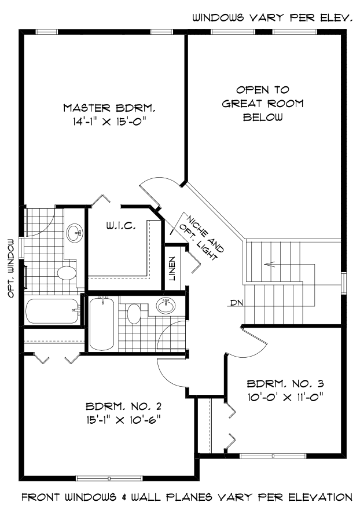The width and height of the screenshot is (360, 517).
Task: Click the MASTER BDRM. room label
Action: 109,108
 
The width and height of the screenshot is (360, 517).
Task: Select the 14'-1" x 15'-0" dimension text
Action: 109,121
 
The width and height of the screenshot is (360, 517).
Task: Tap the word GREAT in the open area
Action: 263,104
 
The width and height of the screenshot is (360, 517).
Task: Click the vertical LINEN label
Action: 172,268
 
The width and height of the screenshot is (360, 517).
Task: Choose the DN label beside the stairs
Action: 235,303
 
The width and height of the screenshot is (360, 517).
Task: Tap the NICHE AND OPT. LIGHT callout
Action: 200,237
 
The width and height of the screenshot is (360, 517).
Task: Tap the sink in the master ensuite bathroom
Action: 74,233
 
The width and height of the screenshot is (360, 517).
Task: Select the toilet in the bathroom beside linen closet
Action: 134,314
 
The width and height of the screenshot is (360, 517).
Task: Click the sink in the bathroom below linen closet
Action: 165,306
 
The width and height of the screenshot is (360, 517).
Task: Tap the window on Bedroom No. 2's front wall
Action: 109,478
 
